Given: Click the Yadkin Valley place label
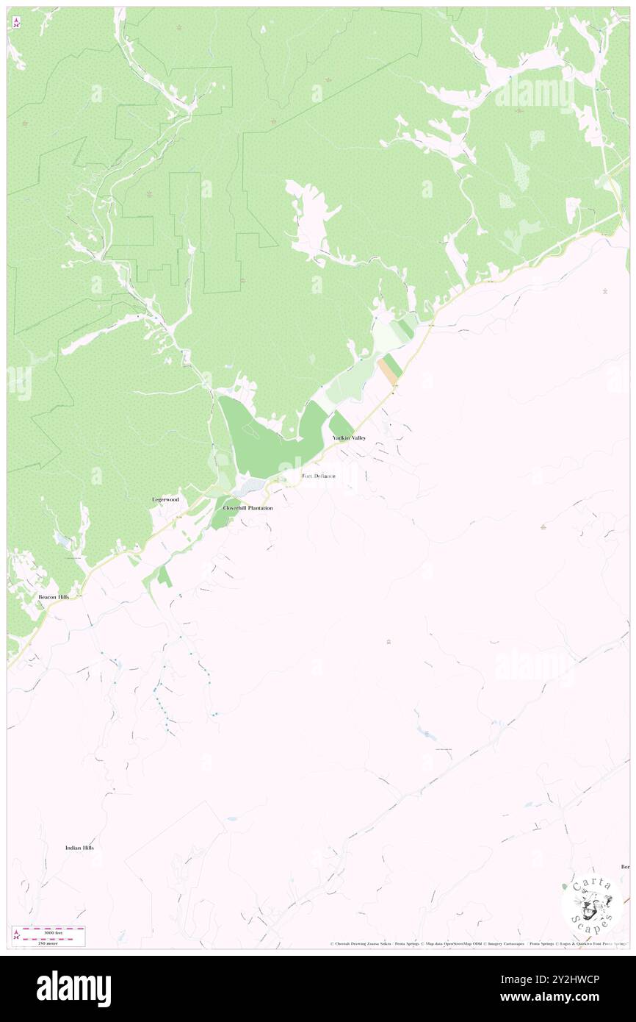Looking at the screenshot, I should coord(348,437).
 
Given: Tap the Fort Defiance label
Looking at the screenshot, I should coord(319,476).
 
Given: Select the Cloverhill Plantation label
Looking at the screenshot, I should coord(247,508).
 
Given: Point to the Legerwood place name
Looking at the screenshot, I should coord(165,499).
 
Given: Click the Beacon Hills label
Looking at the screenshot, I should coord(54,597).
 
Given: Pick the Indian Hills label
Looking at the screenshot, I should coord(79,848).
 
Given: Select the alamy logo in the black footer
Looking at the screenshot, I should coord(73,988).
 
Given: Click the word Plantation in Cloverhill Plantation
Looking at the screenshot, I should coord(260,508).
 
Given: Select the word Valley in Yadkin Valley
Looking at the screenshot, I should coord(358,437).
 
